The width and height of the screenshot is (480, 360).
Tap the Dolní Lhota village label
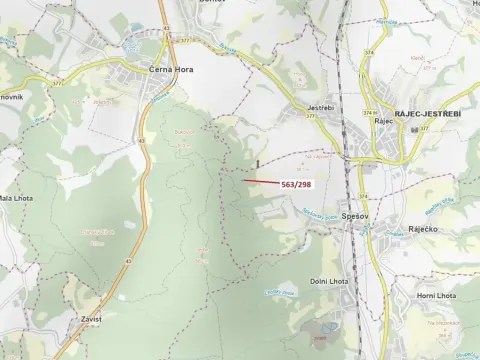(327, 281)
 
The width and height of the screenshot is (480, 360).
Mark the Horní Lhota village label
(435, 296)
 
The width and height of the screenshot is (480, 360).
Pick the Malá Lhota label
(16, 198)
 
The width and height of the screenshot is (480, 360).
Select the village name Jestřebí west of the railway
(320, 107)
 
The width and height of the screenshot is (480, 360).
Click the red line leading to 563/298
(262, 182)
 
